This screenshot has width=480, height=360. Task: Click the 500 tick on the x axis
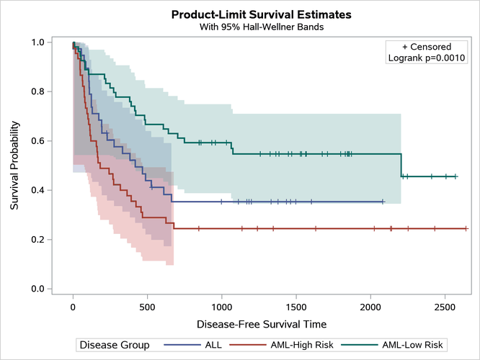[147, 305]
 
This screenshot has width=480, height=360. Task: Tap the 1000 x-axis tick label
[221, 305]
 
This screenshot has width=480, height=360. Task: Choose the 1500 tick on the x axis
[295, 305]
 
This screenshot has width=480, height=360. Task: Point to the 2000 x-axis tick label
[370, 305]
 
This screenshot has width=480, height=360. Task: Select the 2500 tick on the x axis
[445, 305]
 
